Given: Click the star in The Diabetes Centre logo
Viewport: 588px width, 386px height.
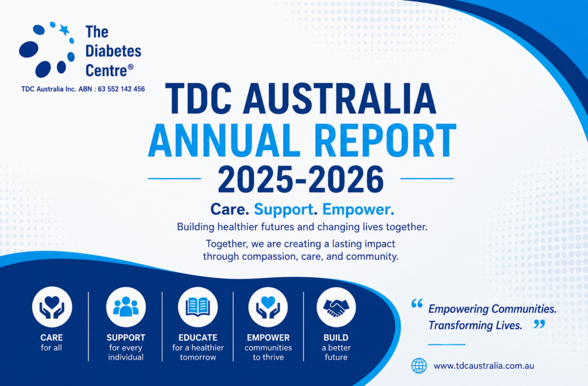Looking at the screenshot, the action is tap(64, 30).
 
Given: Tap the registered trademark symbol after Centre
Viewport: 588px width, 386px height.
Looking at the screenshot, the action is tap(130, 67).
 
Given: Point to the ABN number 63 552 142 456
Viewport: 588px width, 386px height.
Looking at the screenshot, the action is tap(121, 89).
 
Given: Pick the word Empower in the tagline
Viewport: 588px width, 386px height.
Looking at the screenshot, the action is tap(358, 209).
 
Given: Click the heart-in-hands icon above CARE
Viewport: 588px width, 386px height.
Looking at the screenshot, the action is tap(52, 307).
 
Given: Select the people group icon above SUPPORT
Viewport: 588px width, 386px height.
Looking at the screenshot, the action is tap(126, 307).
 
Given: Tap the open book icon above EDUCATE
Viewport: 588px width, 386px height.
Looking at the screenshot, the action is tap(198, 307).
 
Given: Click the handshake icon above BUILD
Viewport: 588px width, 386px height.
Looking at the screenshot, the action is tap(336, 307).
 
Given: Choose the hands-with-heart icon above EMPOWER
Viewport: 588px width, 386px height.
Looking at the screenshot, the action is tap(268, 307).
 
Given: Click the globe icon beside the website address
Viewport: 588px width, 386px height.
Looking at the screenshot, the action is tap(419, 365).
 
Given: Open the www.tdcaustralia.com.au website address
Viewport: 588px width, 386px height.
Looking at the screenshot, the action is tap(483, 366).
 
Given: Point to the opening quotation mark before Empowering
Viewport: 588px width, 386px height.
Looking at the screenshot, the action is tap(417, 303).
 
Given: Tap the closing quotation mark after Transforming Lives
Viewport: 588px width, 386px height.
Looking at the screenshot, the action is tap(540, 324).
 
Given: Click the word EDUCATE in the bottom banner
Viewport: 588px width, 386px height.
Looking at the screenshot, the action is tap(198, 338).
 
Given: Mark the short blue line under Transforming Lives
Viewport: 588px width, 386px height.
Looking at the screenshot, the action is tap(447, 345).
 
